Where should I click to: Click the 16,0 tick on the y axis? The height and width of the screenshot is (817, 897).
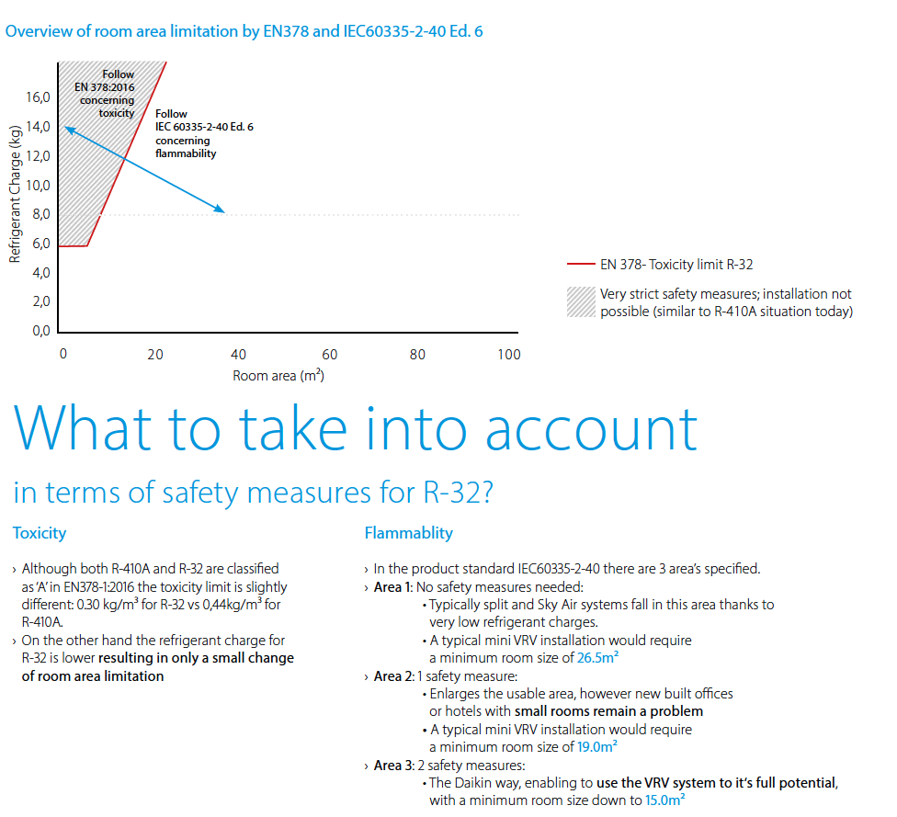[x=38, y=96]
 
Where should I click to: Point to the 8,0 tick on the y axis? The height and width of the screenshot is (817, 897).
[x=40, y=214]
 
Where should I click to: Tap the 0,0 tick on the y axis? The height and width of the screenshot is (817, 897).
[x=40, y=331]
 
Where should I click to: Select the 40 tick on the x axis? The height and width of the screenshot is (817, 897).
[x=238, y=355]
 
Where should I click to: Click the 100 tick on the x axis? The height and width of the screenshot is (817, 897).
[x=508, y=355]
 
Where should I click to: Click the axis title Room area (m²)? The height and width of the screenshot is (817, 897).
[x=278, y=376]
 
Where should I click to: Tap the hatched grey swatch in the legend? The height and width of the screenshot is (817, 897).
[x=581, y=302]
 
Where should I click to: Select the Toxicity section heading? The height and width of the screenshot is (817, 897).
[x=40, y=533]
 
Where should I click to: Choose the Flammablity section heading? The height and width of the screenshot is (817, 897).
[x=408, y=533]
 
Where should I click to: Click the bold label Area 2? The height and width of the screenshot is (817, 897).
[x=393, y=676]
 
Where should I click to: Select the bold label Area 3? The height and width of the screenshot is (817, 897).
[x=393, y=766]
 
